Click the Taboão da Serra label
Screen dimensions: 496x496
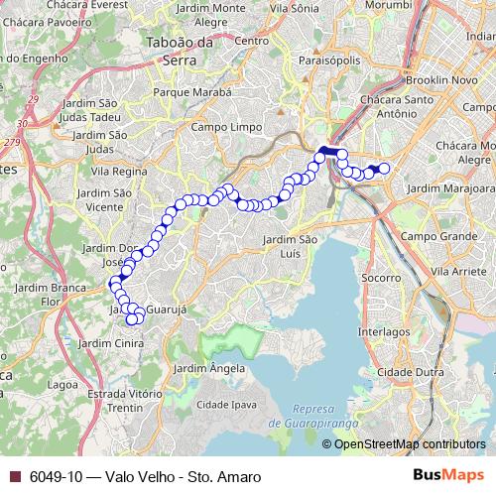tap(179, 50)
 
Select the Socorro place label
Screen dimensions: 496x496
tap(380, 279)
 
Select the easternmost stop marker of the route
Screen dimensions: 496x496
tap(384, 168)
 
